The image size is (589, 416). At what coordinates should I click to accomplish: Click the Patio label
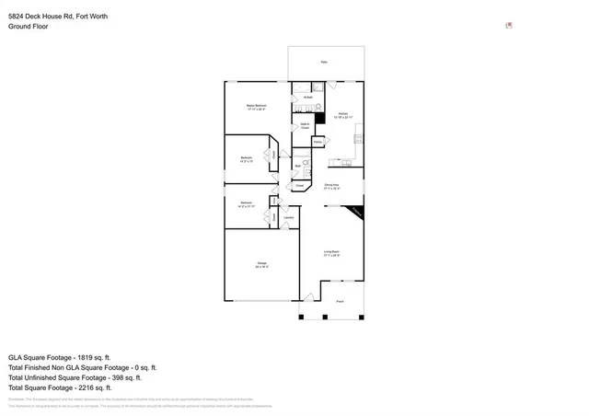[x=324, y=62]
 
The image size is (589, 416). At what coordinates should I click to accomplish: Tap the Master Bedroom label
[x=257, y=108]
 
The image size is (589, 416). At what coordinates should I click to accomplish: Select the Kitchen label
[x=342, y=116]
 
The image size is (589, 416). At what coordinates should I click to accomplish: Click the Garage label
[x=261, y=266]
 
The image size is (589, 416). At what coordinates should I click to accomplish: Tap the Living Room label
[x=331, y=253]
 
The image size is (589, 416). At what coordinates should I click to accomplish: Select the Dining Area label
[x=331, y=187]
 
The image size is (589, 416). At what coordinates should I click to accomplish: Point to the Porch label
[x=340, y=302]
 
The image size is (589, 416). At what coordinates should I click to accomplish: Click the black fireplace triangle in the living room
[x=356, y=212]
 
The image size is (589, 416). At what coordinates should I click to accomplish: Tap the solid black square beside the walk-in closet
[x=319, y=117]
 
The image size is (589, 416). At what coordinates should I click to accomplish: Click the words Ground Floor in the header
[x=29, y=27]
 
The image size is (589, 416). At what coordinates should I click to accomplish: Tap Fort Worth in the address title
[x=97, y=16]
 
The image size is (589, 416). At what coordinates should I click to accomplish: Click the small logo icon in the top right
[x=509, y=26]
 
